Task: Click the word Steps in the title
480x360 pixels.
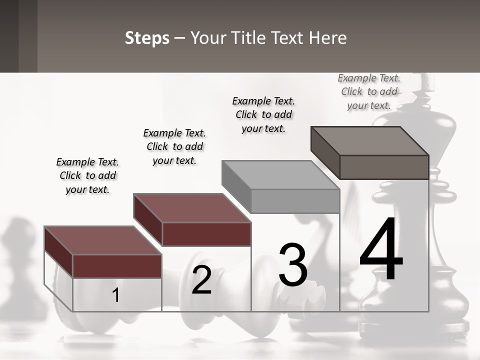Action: pos(147,38)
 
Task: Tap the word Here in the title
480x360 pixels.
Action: pos(327,38)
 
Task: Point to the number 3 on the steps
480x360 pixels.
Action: pos(293,265)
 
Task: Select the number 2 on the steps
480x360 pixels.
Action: pos(201,280)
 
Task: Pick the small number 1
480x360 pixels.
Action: pos(115,295)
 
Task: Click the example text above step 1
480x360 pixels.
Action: pos(87,175)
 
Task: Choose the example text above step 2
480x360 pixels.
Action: pos(174,146)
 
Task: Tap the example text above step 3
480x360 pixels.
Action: pos(263,114)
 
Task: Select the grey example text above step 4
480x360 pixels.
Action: pos(369,91)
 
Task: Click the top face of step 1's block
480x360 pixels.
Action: pos(102,240)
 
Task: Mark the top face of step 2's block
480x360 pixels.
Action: pos(192,207)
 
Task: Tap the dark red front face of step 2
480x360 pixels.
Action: pos(207,234)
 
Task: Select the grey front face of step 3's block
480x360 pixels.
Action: pos(295,201)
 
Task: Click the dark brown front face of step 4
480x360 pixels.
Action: pos(384,167)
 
